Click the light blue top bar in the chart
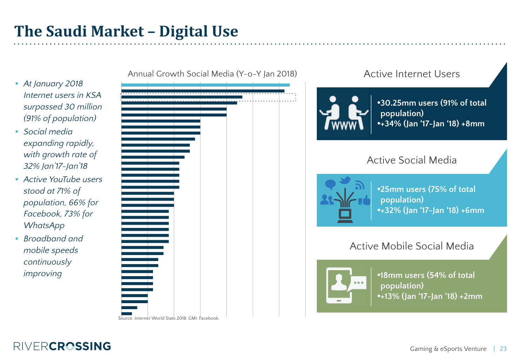pos(205,85)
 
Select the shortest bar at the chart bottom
pos(127,314)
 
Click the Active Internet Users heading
pos(412,74)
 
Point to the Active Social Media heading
pos(412,160)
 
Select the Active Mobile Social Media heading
pos(412,246)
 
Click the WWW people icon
pos(343,113)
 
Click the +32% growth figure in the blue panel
pos(389,211)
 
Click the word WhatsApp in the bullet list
pos(44,225)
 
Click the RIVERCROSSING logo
pos(62,346)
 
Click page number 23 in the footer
pos(503,349)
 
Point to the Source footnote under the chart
pos(168,318)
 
